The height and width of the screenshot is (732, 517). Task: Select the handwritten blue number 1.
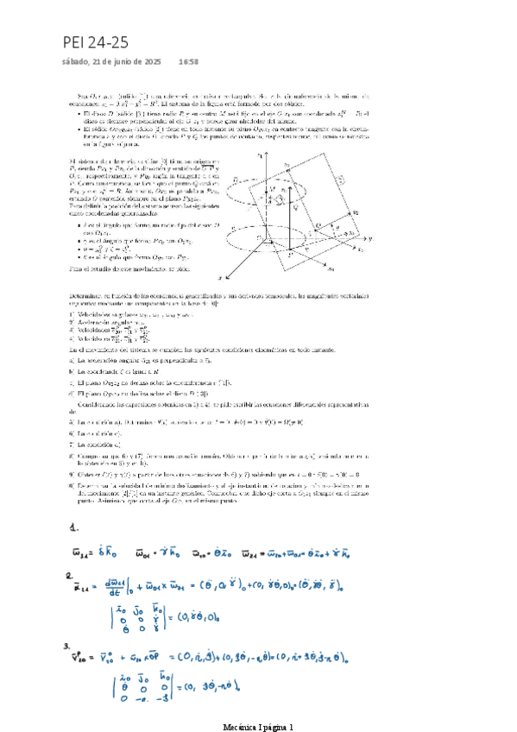[x=75, y=527]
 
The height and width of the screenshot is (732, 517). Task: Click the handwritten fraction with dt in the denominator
[x=110, y=591]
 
